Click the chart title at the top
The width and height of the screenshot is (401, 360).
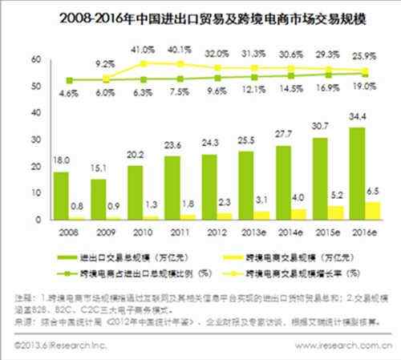pos(200,14)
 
